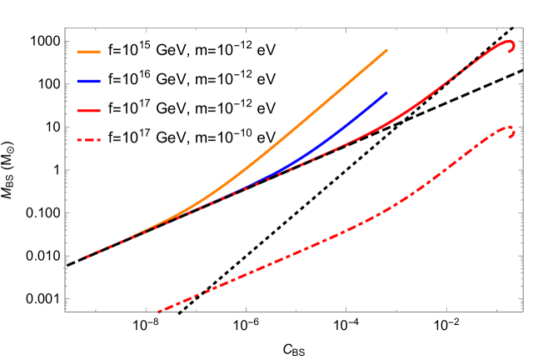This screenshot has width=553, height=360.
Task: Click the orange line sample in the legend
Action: point(88,52)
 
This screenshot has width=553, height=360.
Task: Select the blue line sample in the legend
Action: point(88,82)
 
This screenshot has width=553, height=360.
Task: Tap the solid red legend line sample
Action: point(88,111)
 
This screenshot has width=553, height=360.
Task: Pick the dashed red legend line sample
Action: point(88,140)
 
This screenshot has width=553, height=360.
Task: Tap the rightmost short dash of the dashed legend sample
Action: point(98,140)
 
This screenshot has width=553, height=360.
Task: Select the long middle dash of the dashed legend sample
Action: point(88,140)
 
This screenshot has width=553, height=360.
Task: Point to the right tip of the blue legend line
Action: point(100,82)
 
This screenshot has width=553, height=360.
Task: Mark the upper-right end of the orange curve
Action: point(386,50)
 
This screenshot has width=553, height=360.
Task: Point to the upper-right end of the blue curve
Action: point(386,92)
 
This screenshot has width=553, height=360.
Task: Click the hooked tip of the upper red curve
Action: point(511,47)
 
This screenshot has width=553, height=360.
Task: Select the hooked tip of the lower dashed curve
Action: point(511,132)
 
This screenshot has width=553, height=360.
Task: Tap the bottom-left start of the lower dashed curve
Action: point(158,312)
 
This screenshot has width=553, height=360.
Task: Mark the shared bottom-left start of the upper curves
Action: point(83,257)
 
